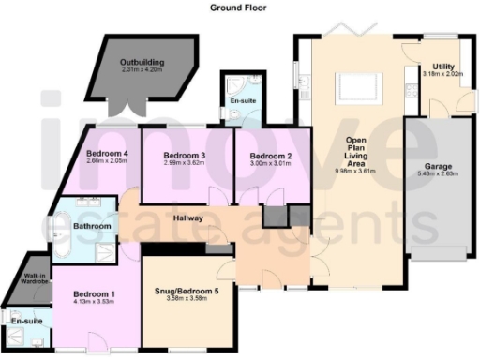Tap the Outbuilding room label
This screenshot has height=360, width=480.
142,62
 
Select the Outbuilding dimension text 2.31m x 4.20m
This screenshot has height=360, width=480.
142,69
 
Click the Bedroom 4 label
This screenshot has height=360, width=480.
107,153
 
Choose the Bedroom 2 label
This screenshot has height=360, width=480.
256,156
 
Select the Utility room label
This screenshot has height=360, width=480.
443,66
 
